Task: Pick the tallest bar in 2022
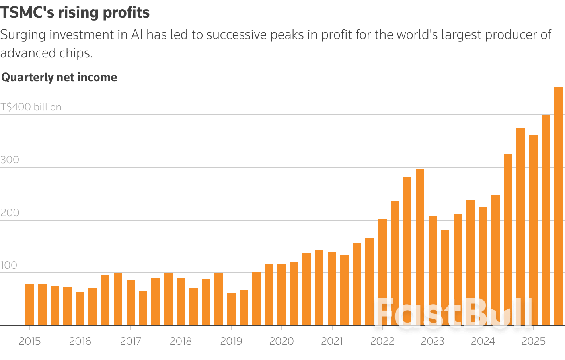pyautogui.click(x=420, y=247)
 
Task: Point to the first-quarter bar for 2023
pyautogui.click(x=433, y=271)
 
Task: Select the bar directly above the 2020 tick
pyautogui.click(x=282, y=295)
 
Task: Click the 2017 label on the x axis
pyautogui.click(x=131, y=341)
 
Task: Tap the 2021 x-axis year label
pyautogui.click(x=332, y=341)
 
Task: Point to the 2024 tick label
pyautogui.click(x=483, y=341)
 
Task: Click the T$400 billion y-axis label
pyautogui.click(x=31, y=107)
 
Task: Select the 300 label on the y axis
pyautogui.click(x=10, y=160)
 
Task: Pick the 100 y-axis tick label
pyautogui.click(x=9, y=265)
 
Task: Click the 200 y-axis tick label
pyautogui.click(x=10, y=213)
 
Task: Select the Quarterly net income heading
pyautogui.click(x=59, y=77)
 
